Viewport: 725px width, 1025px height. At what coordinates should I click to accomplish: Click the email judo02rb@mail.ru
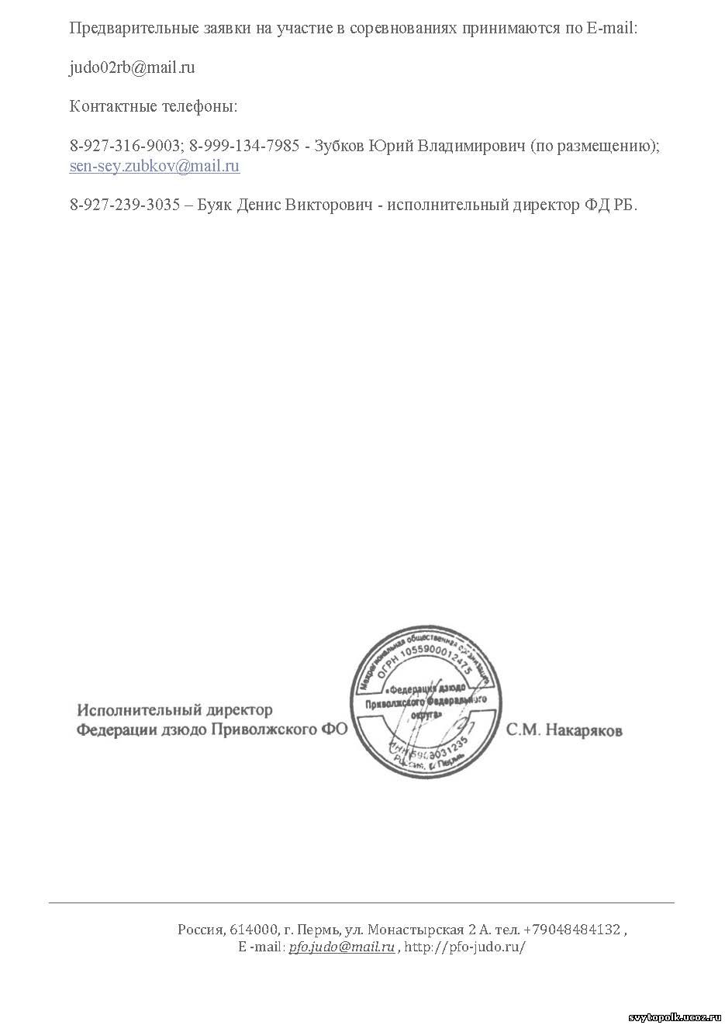coord(132,67)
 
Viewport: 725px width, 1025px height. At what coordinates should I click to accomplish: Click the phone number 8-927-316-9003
coord(124,146)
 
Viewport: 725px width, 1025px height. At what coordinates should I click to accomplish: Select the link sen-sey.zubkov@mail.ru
coord(154,165)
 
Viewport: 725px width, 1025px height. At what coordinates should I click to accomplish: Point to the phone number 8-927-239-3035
coord(124,205)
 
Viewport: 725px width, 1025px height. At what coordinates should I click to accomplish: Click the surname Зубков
coord(339,146)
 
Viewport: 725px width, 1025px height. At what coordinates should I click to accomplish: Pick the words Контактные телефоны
coord(153,106)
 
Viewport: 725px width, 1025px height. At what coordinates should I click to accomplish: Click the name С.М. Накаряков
coord(564,730)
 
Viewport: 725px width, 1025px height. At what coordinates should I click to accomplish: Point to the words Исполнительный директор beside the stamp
coord(174,710)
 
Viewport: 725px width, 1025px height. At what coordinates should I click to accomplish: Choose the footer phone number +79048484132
coord(571,930)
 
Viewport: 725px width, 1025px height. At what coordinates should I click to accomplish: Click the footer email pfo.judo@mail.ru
coord(341,947)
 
